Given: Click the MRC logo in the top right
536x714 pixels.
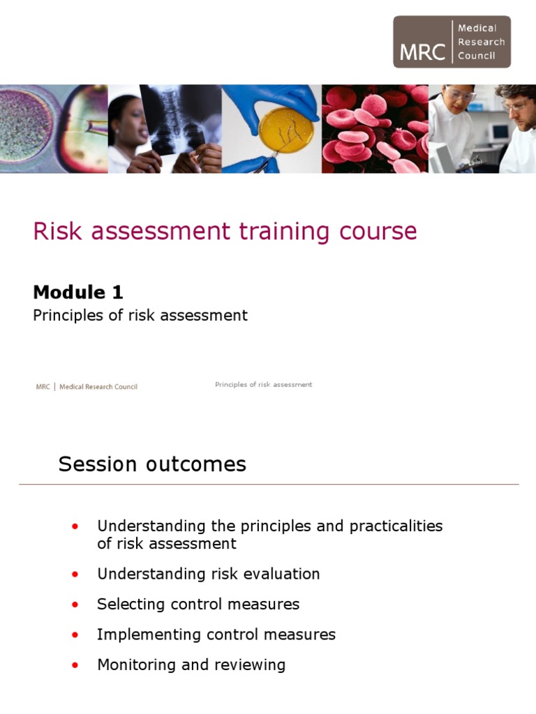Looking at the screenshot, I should click(452, 42).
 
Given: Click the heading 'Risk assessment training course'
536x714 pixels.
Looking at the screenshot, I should click(225, 231).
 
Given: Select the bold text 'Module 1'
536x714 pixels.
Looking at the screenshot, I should click(78, 292).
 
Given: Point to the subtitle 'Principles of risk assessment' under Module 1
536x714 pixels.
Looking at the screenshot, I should click(140, 315).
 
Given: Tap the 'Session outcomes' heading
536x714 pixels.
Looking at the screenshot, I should click(152, 464).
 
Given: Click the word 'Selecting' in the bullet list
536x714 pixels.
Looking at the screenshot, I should click(130, 605).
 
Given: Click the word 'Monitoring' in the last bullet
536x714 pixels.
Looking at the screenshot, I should click(137, 665).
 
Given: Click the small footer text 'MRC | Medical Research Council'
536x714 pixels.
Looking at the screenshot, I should click(87, 387).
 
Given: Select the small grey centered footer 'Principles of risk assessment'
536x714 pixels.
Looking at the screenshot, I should click(263, 385).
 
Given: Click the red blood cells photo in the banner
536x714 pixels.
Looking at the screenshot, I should click(375, 129).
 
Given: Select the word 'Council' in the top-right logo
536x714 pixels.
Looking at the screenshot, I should click(477, 56).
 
